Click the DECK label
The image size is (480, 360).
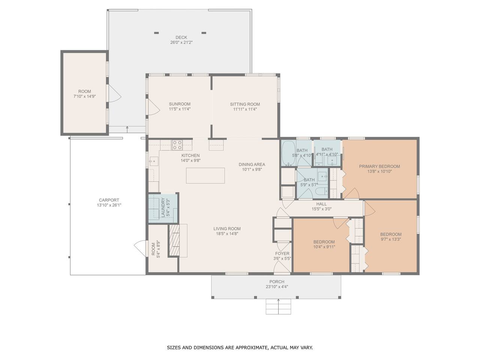(181, 37)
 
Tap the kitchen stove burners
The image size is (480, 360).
(177, 145)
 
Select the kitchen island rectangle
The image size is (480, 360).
(205, 175)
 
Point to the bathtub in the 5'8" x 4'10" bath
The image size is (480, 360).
(288, 153)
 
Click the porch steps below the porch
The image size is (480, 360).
(278, 306)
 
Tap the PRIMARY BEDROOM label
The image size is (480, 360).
(379, 166)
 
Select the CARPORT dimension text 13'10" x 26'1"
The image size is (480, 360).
(109, 205)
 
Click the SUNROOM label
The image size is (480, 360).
(180, 104)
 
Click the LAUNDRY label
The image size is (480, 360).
(163, 207)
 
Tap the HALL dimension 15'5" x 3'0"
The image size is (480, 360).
(321, 209)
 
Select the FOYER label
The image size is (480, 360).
(282, 253)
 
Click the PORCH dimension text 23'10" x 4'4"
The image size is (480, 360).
(277, 286)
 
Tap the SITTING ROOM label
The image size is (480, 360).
(245, 104)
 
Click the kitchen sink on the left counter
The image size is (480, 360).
(154, 161)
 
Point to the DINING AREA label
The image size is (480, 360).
(252, 164)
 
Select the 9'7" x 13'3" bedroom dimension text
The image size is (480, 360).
(390, 239)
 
